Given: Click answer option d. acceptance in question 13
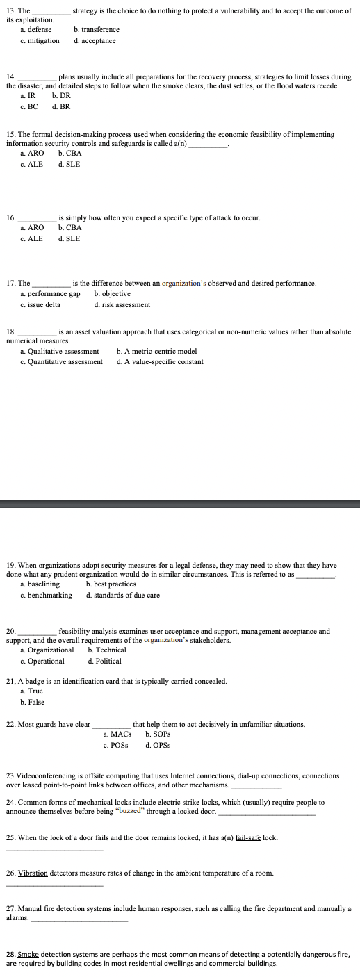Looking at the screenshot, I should [95, 41].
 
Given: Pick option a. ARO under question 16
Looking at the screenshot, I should [32, 228].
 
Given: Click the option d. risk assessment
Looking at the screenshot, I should [122, 305].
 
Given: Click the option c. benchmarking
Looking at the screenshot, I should [47, 596].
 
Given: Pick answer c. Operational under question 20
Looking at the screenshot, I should [42, 662].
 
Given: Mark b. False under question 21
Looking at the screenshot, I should [32, 702].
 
